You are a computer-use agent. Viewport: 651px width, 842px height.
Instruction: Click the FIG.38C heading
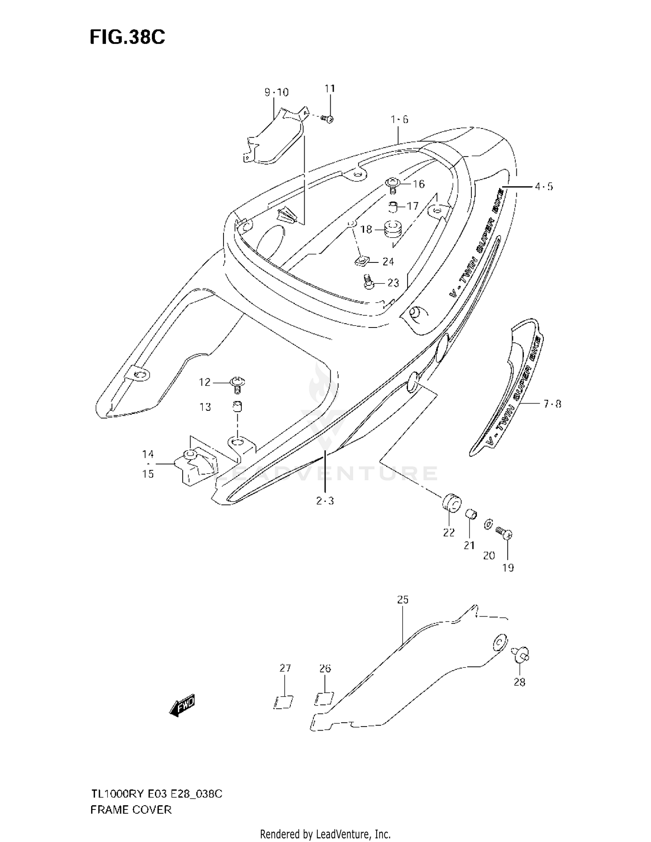[x=127, y=37]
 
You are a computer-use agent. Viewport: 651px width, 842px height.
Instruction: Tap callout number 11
[x=330, y=88]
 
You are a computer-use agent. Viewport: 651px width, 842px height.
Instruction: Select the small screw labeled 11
[x=328, y=118]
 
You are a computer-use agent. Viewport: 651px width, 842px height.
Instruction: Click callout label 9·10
[x=276, y=92]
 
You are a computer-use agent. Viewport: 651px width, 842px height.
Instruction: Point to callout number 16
[x=418, y=184]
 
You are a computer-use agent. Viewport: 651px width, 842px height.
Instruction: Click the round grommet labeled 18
[x=392, y=229]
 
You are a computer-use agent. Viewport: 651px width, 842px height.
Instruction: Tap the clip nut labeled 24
[x=362, y=261]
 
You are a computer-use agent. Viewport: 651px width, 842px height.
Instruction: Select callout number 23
[x=393, y=283]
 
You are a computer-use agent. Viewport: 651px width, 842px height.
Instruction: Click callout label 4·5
[x=544, y=187]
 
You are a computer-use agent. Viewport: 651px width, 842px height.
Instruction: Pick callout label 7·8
[x=552, y=404]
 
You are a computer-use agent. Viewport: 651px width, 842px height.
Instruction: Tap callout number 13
[x=205, y=407]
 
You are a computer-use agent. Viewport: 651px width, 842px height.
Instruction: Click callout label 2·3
[x=325, y=501]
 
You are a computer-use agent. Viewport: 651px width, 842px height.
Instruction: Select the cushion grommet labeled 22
[x=452, y=503]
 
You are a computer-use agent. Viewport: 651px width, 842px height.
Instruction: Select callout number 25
[x=403, y=600]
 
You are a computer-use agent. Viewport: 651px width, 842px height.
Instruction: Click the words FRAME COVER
[x=131, y=810]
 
